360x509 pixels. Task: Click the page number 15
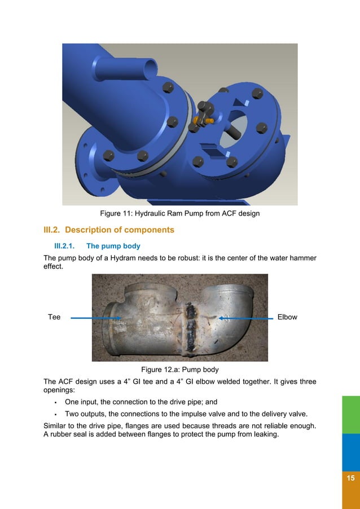point(350,478)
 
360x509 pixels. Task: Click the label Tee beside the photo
point(54,317)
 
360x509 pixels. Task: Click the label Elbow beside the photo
point(287,317)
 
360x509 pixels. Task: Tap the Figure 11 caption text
point(179,214)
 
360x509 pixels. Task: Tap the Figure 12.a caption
point(179,370)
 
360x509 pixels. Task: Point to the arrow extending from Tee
point(96,318)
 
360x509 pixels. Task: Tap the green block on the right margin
point(350,414)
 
